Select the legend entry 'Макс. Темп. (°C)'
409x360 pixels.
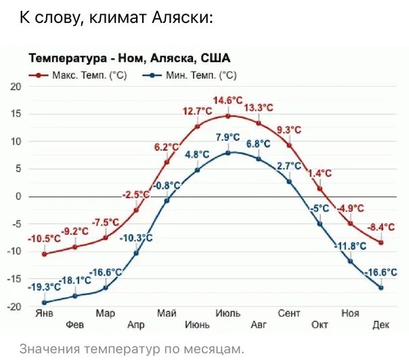click(x=81, y=76)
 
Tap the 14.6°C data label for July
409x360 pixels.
click(x=228, y=101)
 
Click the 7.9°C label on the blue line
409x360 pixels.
click(x=228, y=137)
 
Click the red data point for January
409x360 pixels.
click(x=45, y=254)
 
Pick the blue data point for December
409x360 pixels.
click(x=381, y=288)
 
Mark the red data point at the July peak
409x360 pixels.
click(x=228, y=116)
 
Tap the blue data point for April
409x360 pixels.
click(x=136, y=253)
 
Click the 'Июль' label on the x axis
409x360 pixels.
click(x=228, y=313)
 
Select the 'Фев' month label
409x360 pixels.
click(x=75, y=325)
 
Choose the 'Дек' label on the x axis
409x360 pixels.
click(x=381, y=325)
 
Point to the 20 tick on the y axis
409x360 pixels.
click(x=16, y=87)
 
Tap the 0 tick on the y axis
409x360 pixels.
click(x=18, y=196)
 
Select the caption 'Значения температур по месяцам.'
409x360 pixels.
click(x=131, y=348)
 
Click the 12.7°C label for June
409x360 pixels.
click(x=197, y=112)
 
